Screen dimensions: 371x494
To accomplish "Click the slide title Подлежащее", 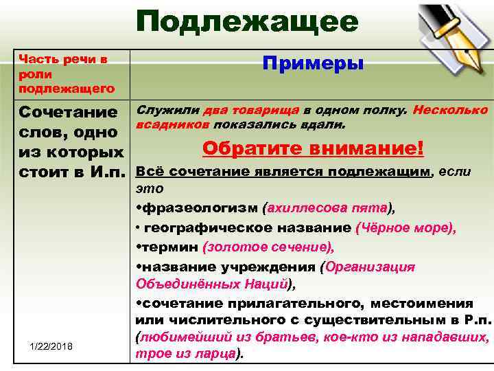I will point(247,22).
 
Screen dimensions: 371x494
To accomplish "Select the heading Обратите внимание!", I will point(314,148).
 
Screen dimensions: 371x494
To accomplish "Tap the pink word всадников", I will point(174,126).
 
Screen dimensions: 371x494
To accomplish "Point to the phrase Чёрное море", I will point(405,227).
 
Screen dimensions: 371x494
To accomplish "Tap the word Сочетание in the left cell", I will point(69,112).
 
